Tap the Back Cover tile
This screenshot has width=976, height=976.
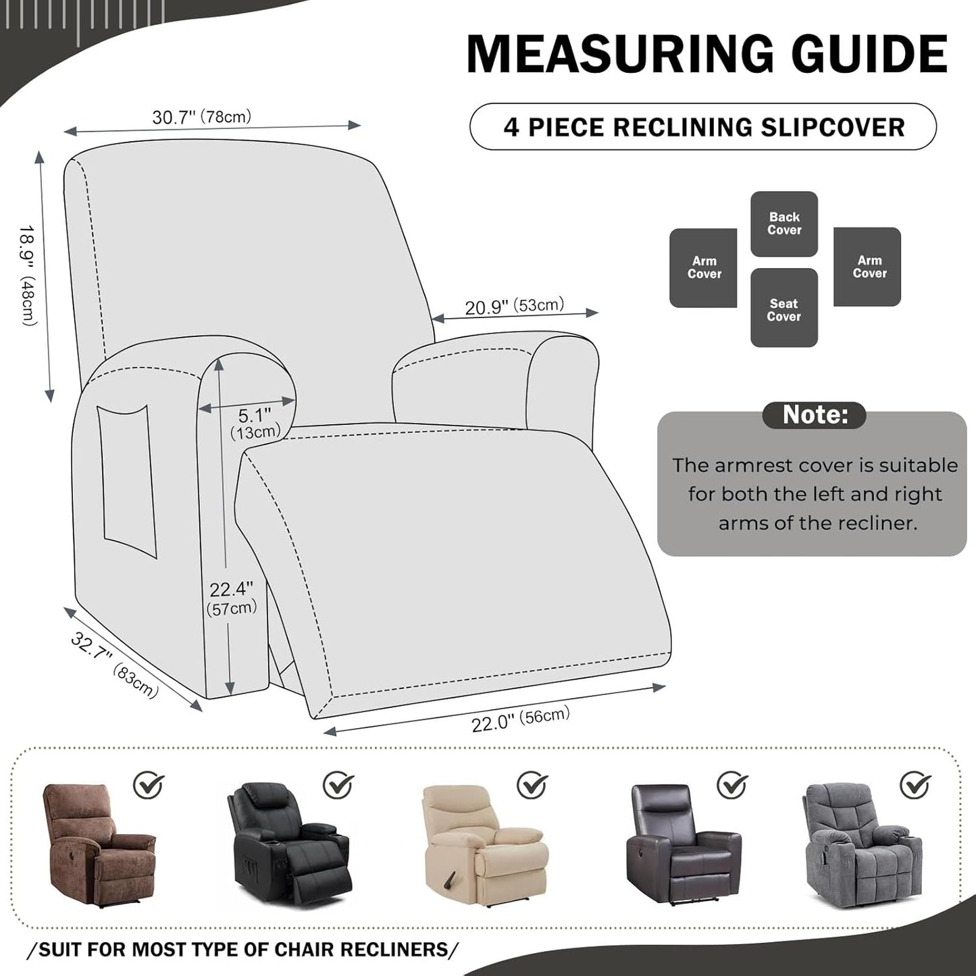point(784,224)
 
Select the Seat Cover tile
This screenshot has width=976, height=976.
point(784,309)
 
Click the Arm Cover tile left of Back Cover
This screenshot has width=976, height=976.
point(703,267)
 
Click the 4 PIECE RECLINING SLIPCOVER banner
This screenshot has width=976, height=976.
point(702,127)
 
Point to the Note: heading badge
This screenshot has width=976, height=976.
point(814,415)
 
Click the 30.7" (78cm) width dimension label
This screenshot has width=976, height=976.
point(201,117)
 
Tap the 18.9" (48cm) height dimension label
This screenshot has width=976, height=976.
point(28,276)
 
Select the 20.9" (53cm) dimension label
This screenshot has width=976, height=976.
point(514,306)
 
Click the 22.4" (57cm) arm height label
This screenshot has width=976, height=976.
point(231,598)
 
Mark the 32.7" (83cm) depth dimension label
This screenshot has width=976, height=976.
point(114,665)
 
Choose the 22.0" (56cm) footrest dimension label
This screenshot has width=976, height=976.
point(520,719)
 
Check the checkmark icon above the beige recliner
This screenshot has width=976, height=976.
point(532,785)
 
